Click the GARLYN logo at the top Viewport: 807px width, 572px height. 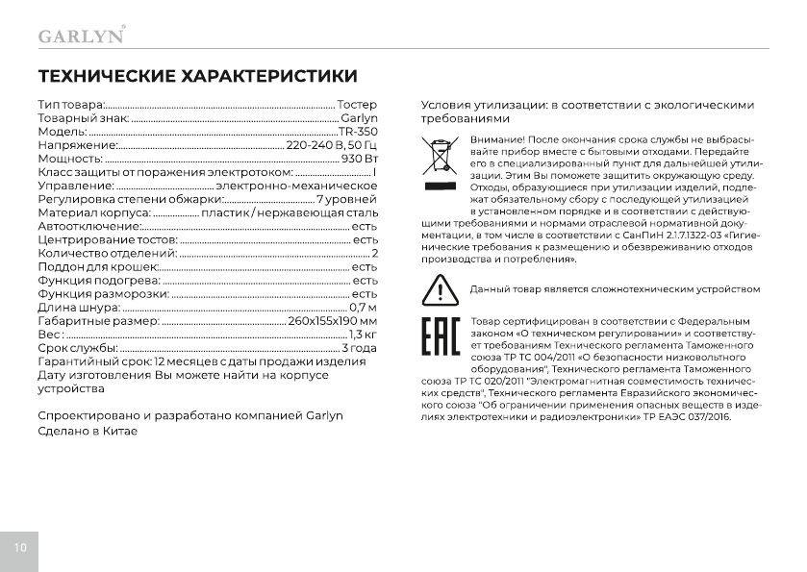pyautogui.click(x=80, y=36)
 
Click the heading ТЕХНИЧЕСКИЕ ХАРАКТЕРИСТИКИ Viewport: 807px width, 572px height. pyautogui.click(x=197, y=76)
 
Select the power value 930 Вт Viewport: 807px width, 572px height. pyautogui.click(x=359, y=158)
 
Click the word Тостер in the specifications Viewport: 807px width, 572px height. pyautogui.click(x=357, y=104)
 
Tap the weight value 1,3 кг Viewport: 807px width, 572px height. pyautogui.click(x=363, y=334)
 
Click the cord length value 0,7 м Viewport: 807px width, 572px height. pyautogui.click(x=364, y=307)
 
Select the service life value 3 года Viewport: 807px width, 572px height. pyautogui.click(x=360, y=347)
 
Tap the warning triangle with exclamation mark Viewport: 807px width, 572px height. pyautogui.click(x=439, y=289)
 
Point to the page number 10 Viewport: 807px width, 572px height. pyautogui.click(x=20, y=547)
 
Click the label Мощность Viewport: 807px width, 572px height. pyautogui.click(x=69, y=158)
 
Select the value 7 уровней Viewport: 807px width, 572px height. pyautogui.click(x=346, y=198)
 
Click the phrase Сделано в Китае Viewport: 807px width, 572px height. pyautogui.click(x=88, y=432)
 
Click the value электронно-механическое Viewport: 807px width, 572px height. pyautogui.click(x=296, y=185)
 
